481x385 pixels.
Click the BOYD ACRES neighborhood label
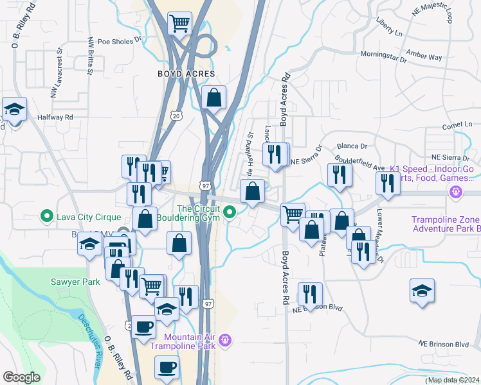186,74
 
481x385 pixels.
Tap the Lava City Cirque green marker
46,216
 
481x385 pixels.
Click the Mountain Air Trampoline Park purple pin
225,340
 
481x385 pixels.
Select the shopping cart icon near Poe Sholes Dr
179,24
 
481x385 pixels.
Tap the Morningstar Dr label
384,56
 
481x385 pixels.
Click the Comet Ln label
457,124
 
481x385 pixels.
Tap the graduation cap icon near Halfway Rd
14,109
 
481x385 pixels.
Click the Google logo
21,377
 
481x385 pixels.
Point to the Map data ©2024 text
453,380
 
